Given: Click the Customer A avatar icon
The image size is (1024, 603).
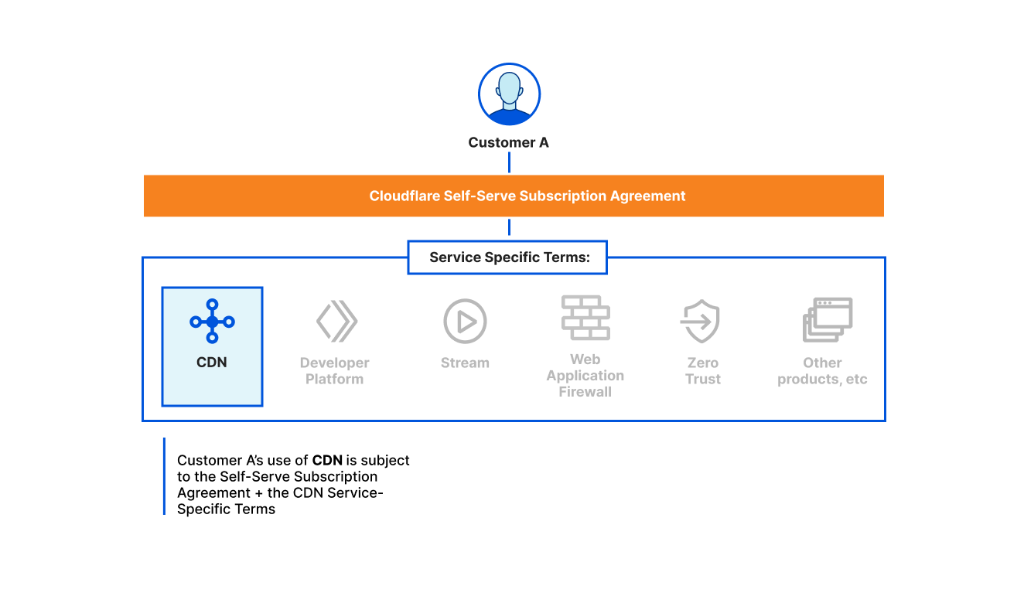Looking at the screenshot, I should point(509,95).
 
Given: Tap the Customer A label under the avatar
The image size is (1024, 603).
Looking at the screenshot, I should point(509,143).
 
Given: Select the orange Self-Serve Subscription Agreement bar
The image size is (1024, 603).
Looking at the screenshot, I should point(514,196).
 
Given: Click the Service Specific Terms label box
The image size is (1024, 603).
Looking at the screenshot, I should point(508,257).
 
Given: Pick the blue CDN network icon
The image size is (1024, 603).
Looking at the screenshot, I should point(212,321).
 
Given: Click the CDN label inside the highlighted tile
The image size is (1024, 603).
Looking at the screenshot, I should point(212,362).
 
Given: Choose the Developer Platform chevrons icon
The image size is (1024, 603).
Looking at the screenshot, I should point(336,321).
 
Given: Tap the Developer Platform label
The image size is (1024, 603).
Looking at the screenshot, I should point(335,371).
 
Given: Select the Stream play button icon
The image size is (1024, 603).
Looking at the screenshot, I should point(465,321).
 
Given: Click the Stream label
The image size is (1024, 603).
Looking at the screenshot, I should point(465,363).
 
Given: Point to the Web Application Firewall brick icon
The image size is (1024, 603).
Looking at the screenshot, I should point(585,318).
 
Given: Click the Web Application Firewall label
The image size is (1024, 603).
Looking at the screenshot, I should point(585,376).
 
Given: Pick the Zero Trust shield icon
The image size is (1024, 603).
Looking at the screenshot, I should point(701,322).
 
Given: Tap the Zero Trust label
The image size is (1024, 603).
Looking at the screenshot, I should point(703,371).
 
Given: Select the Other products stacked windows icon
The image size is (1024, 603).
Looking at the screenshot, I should point(827,320).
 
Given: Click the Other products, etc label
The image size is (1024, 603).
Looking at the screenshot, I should point(822,371).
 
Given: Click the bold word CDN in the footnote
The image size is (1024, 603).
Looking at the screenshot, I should point(327,461).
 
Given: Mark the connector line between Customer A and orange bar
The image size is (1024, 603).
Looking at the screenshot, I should point(509,162).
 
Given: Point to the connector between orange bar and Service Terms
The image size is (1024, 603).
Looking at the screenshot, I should point(509,227).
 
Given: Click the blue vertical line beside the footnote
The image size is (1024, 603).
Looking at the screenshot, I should point(164,476).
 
